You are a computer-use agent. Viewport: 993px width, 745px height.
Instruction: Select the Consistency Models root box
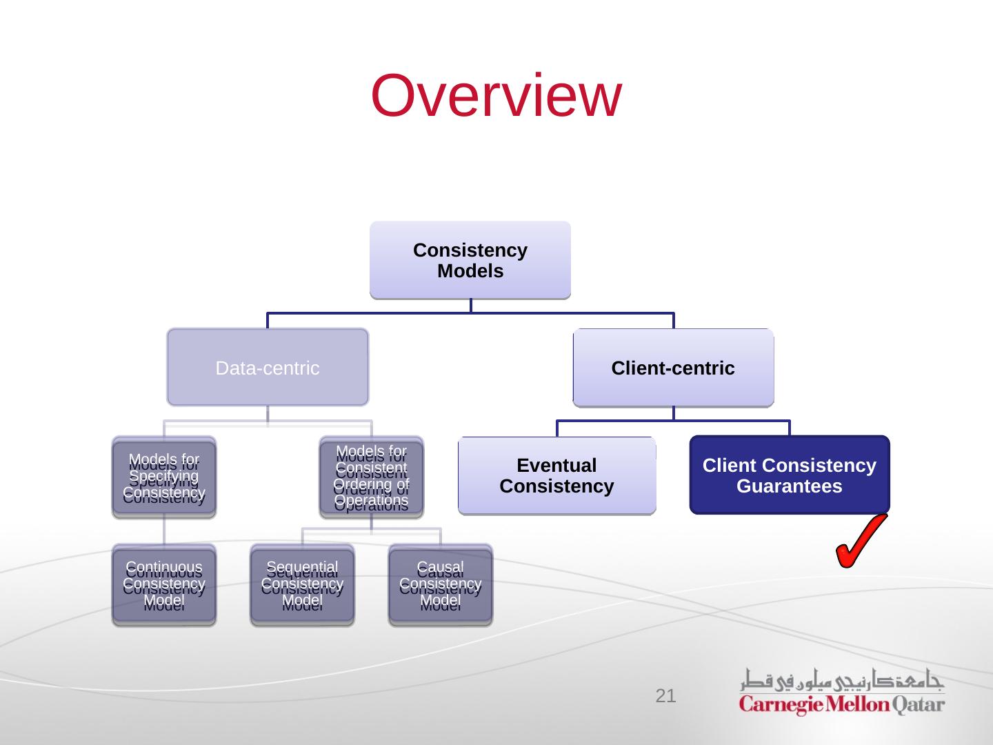coord(470,260)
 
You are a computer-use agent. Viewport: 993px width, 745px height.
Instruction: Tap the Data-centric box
coord(268,368)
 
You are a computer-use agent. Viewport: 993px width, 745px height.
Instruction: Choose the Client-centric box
coord(673,368)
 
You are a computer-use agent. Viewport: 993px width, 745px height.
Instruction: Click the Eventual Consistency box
coord(556,476)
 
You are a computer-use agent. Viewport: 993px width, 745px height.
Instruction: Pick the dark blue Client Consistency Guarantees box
coord(789,475)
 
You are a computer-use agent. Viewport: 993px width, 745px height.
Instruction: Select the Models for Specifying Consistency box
coord(164,477)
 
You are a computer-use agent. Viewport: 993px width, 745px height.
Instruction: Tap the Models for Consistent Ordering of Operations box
coord(371,477)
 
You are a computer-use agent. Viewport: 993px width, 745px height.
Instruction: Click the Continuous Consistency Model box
coord(164,585)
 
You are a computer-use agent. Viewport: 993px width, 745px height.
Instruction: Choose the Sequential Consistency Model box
coord(302,585)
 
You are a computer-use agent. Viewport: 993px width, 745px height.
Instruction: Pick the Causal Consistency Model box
coord(440,585)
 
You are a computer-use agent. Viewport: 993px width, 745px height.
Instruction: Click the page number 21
coord(665,696)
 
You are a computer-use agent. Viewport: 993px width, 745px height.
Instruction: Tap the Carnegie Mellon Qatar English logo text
coord(841,705)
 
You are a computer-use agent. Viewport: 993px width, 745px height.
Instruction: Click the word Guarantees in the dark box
coord(789,486)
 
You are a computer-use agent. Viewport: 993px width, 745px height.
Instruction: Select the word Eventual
coord(556,466)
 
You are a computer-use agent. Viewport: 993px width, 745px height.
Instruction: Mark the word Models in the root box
coord(470,271)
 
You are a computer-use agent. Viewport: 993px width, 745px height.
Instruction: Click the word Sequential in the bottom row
coord(302,568)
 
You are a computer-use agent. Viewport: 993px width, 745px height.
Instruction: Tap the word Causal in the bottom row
coord(440,568)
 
